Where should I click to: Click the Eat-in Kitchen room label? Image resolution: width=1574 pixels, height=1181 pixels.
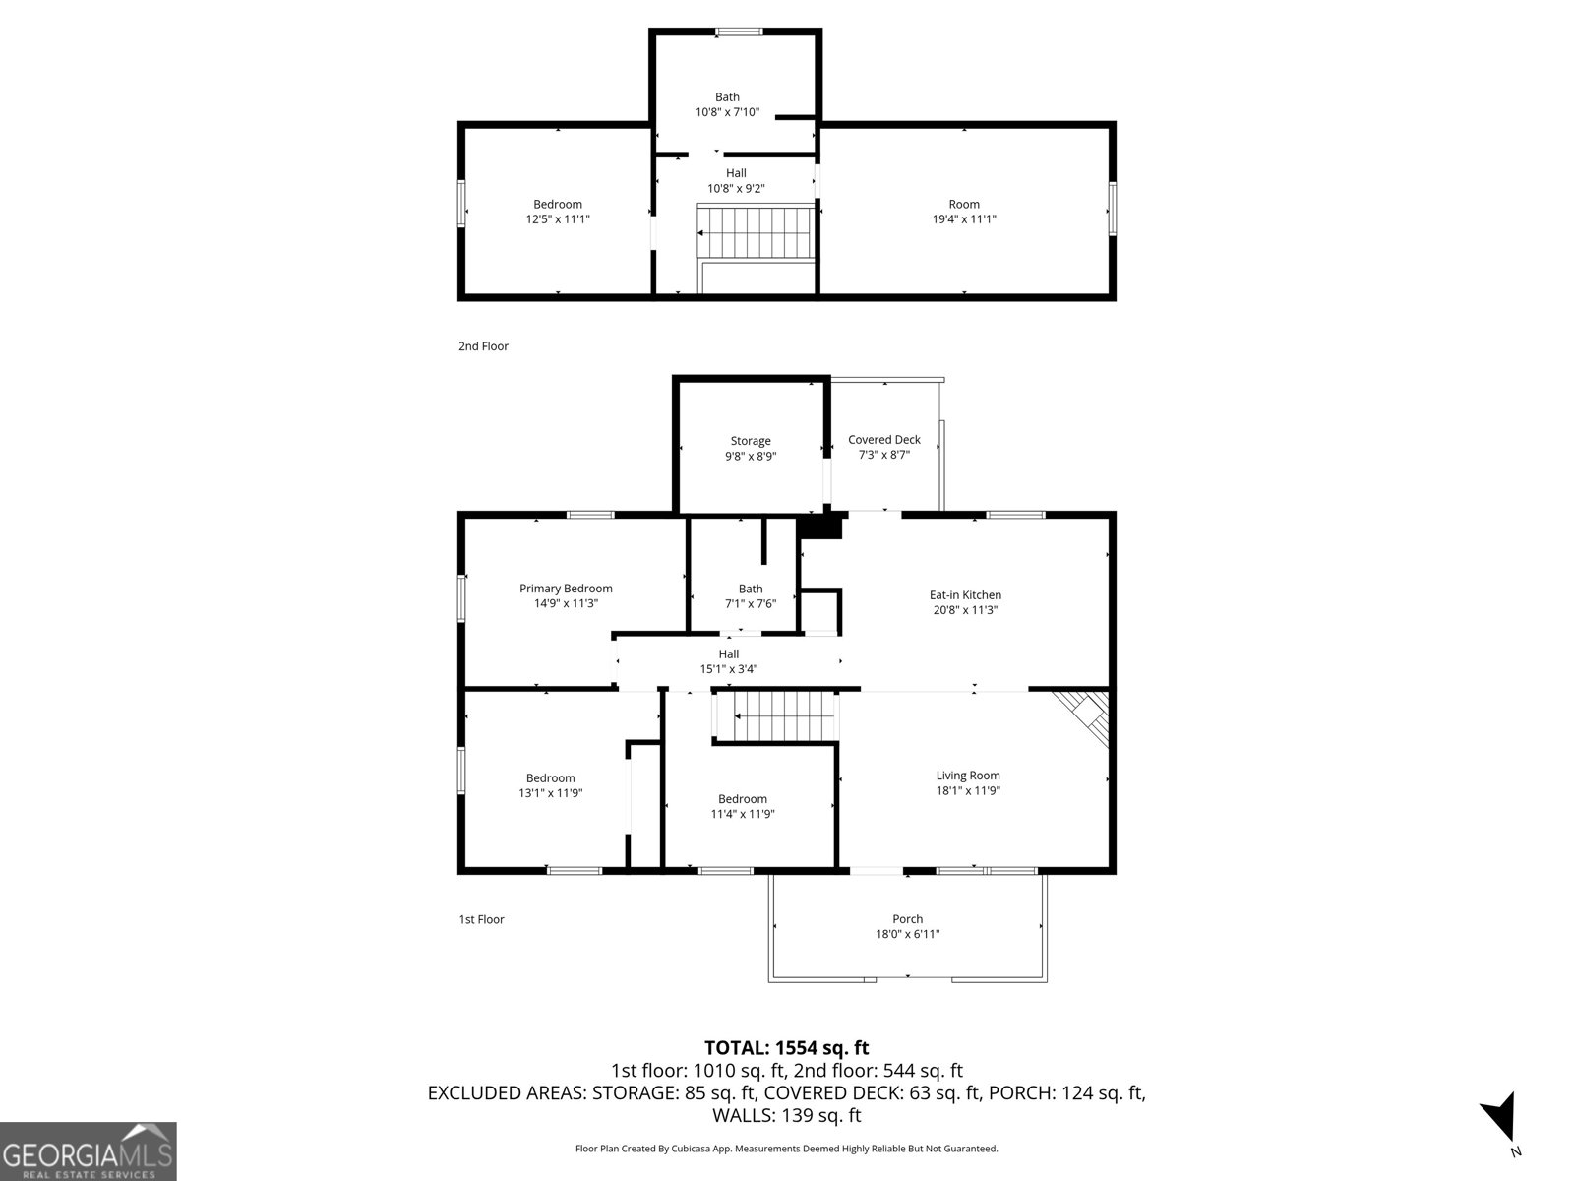(x=965, y=595)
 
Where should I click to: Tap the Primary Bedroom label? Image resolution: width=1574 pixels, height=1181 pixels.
(x=566, y=589)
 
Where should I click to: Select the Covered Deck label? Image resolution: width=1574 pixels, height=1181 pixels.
(x=883, y=440)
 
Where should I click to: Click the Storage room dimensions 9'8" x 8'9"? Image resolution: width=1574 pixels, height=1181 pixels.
(x=751, y=457)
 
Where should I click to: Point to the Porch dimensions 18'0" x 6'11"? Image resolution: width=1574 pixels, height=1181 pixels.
(x=907, y=934)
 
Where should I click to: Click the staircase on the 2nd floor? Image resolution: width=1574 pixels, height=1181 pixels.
(x=756, y=233)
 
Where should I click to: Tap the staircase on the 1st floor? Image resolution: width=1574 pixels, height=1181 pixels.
(x=778, y=715)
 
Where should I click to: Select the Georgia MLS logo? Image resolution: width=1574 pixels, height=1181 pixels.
(x=88, y=1150)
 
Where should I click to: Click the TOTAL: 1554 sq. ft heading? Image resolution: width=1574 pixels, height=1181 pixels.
(x=786, y=1048)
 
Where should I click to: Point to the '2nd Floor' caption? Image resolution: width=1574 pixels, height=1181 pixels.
(x=483, y=346)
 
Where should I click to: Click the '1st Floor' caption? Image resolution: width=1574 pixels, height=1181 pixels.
(x=481, y=919)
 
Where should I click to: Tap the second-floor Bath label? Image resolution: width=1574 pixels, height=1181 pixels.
(x=727, y=97)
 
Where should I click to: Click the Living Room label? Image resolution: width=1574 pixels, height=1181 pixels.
(x=968, y=776)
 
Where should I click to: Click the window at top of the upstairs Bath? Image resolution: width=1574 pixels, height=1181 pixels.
(x=738, y=32)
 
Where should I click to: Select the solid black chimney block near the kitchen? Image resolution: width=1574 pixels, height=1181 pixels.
(x=821, y=526)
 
